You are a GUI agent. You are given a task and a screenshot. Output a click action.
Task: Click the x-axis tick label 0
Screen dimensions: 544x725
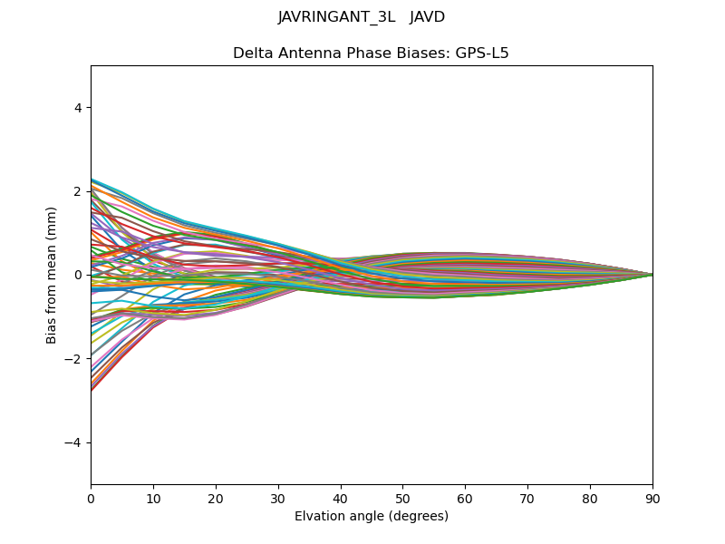tap(91, 498)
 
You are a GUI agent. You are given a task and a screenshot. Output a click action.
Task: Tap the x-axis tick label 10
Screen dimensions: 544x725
tap(153, 498)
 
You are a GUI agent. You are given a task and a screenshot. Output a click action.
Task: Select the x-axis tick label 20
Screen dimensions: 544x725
tap(216, 498)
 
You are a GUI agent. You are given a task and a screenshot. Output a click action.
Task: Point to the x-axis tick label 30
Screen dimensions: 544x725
tap(278, 498)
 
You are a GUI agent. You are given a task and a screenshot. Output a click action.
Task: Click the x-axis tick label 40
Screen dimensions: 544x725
tap(341, 498)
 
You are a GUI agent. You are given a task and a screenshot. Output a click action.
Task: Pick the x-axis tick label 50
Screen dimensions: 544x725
tap(402, 498)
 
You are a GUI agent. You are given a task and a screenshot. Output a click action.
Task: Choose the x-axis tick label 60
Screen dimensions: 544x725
tap(465, 498)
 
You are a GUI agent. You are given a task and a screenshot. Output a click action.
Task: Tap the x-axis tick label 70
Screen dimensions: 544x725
tap(527, 498)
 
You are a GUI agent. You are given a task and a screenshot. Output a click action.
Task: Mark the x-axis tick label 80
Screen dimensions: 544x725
tap(590, 498)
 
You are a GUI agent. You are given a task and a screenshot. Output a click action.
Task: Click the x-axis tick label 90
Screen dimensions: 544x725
tap(652, 498)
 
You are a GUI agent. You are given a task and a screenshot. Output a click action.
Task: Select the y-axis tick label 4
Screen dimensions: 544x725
tap(78, 108)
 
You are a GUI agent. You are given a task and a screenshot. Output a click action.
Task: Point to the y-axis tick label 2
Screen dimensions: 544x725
tap(78, 191)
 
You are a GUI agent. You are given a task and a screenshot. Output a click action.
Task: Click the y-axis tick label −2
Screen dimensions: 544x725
tap(74, 359)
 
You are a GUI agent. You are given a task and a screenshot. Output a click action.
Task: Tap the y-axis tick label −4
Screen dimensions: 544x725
tap(74, 442)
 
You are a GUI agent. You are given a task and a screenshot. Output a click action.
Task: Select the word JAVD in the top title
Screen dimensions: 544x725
tap(428, 17)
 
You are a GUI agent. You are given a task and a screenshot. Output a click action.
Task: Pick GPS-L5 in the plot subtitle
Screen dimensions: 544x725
tap(482, 53)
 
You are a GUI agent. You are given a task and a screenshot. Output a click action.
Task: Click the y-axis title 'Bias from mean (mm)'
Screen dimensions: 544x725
tap(52, 275)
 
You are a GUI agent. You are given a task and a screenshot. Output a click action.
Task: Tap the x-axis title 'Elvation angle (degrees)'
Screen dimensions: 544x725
tap(372, 517)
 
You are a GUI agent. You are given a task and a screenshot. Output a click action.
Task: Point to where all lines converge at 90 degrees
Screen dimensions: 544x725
tap(652, 275)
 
